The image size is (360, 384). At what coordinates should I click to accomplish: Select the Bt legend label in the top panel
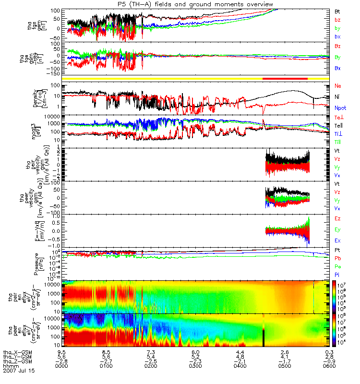tap(337, 11)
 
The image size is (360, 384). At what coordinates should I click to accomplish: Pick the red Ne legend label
tap(338, 85)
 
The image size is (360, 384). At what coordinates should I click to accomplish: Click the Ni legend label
tap(337, 97)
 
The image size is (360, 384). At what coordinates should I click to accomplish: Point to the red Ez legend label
tap(337, 219)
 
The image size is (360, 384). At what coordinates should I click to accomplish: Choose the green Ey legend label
tap(337, 229)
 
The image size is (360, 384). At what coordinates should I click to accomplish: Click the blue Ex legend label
tap(337, 240)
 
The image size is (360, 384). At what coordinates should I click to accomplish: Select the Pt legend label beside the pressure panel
tap(337, 251)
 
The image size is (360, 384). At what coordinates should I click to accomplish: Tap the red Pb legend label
tap(337, 258)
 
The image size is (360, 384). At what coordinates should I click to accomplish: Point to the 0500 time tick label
tap(284, 366)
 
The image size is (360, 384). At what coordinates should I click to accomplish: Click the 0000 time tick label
tap(61, 366)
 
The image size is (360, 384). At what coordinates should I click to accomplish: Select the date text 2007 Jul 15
tap(19, 371)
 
